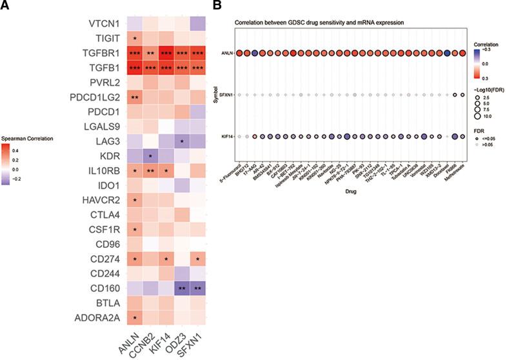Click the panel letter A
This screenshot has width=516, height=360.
point(5,5)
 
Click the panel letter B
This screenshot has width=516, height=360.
point(217,5)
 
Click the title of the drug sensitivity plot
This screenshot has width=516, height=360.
point(319,23)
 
